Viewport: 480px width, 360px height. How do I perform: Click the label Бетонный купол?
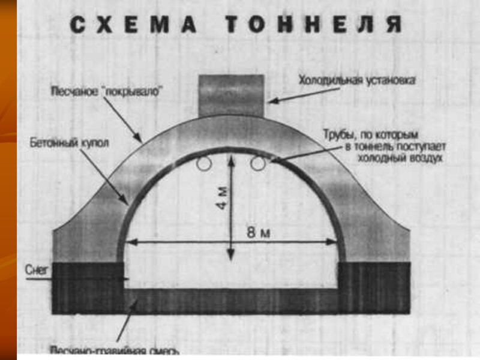point(61,145)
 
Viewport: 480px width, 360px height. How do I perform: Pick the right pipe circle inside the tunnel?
point(258,163)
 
